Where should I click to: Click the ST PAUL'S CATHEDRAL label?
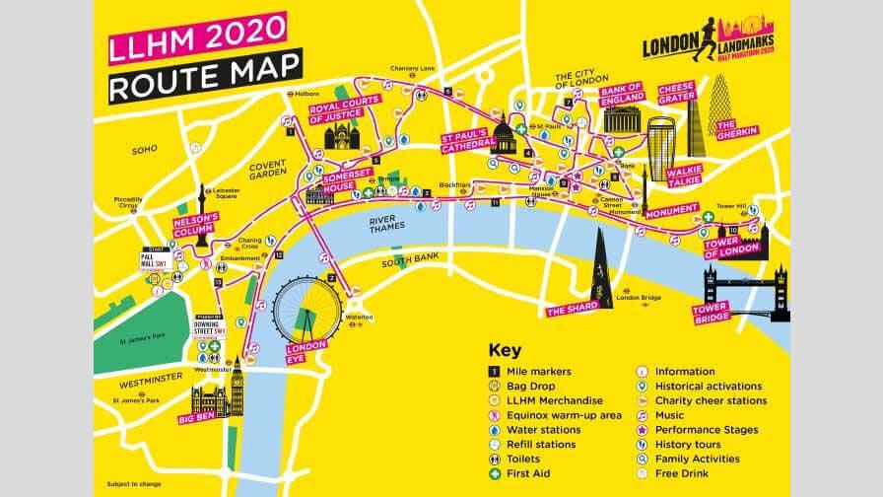(466, 140)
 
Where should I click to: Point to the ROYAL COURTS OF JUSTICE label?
(345, 114)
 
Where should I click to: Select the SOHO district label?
(145, 150)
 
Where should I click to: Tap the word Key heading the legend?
(504, 351)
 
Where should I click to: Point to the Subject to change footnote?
(132, 483)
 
